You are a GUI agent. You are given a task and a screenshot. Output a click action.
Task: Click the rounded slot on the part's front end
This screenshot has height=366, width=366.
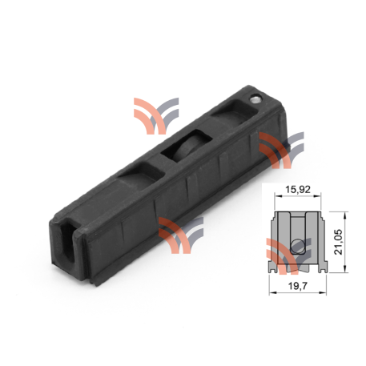click(x=68, y=241)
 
